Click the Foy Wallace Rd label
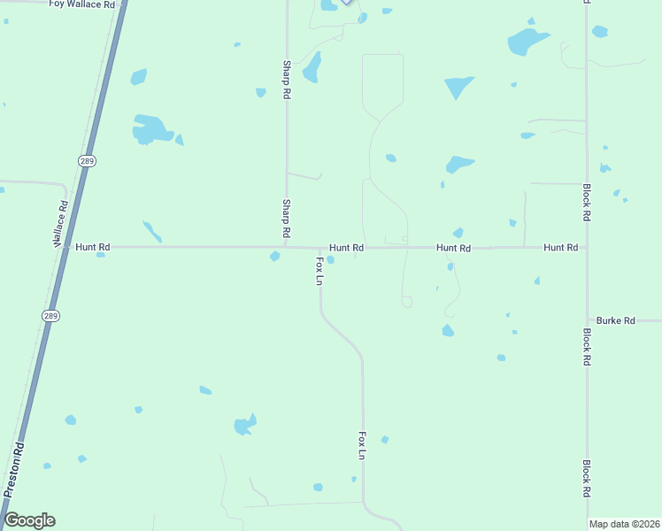tap(82, 4)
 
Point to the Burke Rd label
tap(616, 320)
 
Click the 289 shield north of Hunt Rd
tap(86, 161)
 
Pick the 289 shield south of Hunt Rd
tap(50, 315)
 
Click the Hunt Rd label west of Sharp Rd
tap(93, 248)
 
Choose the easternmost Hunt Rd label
tap(560, 248)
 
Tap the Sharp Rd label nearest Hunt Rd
tap(286, 218)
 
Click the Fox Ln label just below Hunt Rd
tap(319, 271)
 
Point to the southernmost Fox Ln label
tap(362, 445)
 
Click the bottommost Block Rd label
tap(587, 478)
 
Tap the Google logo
tap(30, 520)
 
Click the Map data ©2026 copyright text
tap(624, 524)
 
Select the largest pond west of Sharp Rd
tap(151, 129)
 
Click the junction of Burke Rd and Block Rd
tap(587, 320)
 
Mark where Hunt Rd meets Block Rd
tap(587, 248)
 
